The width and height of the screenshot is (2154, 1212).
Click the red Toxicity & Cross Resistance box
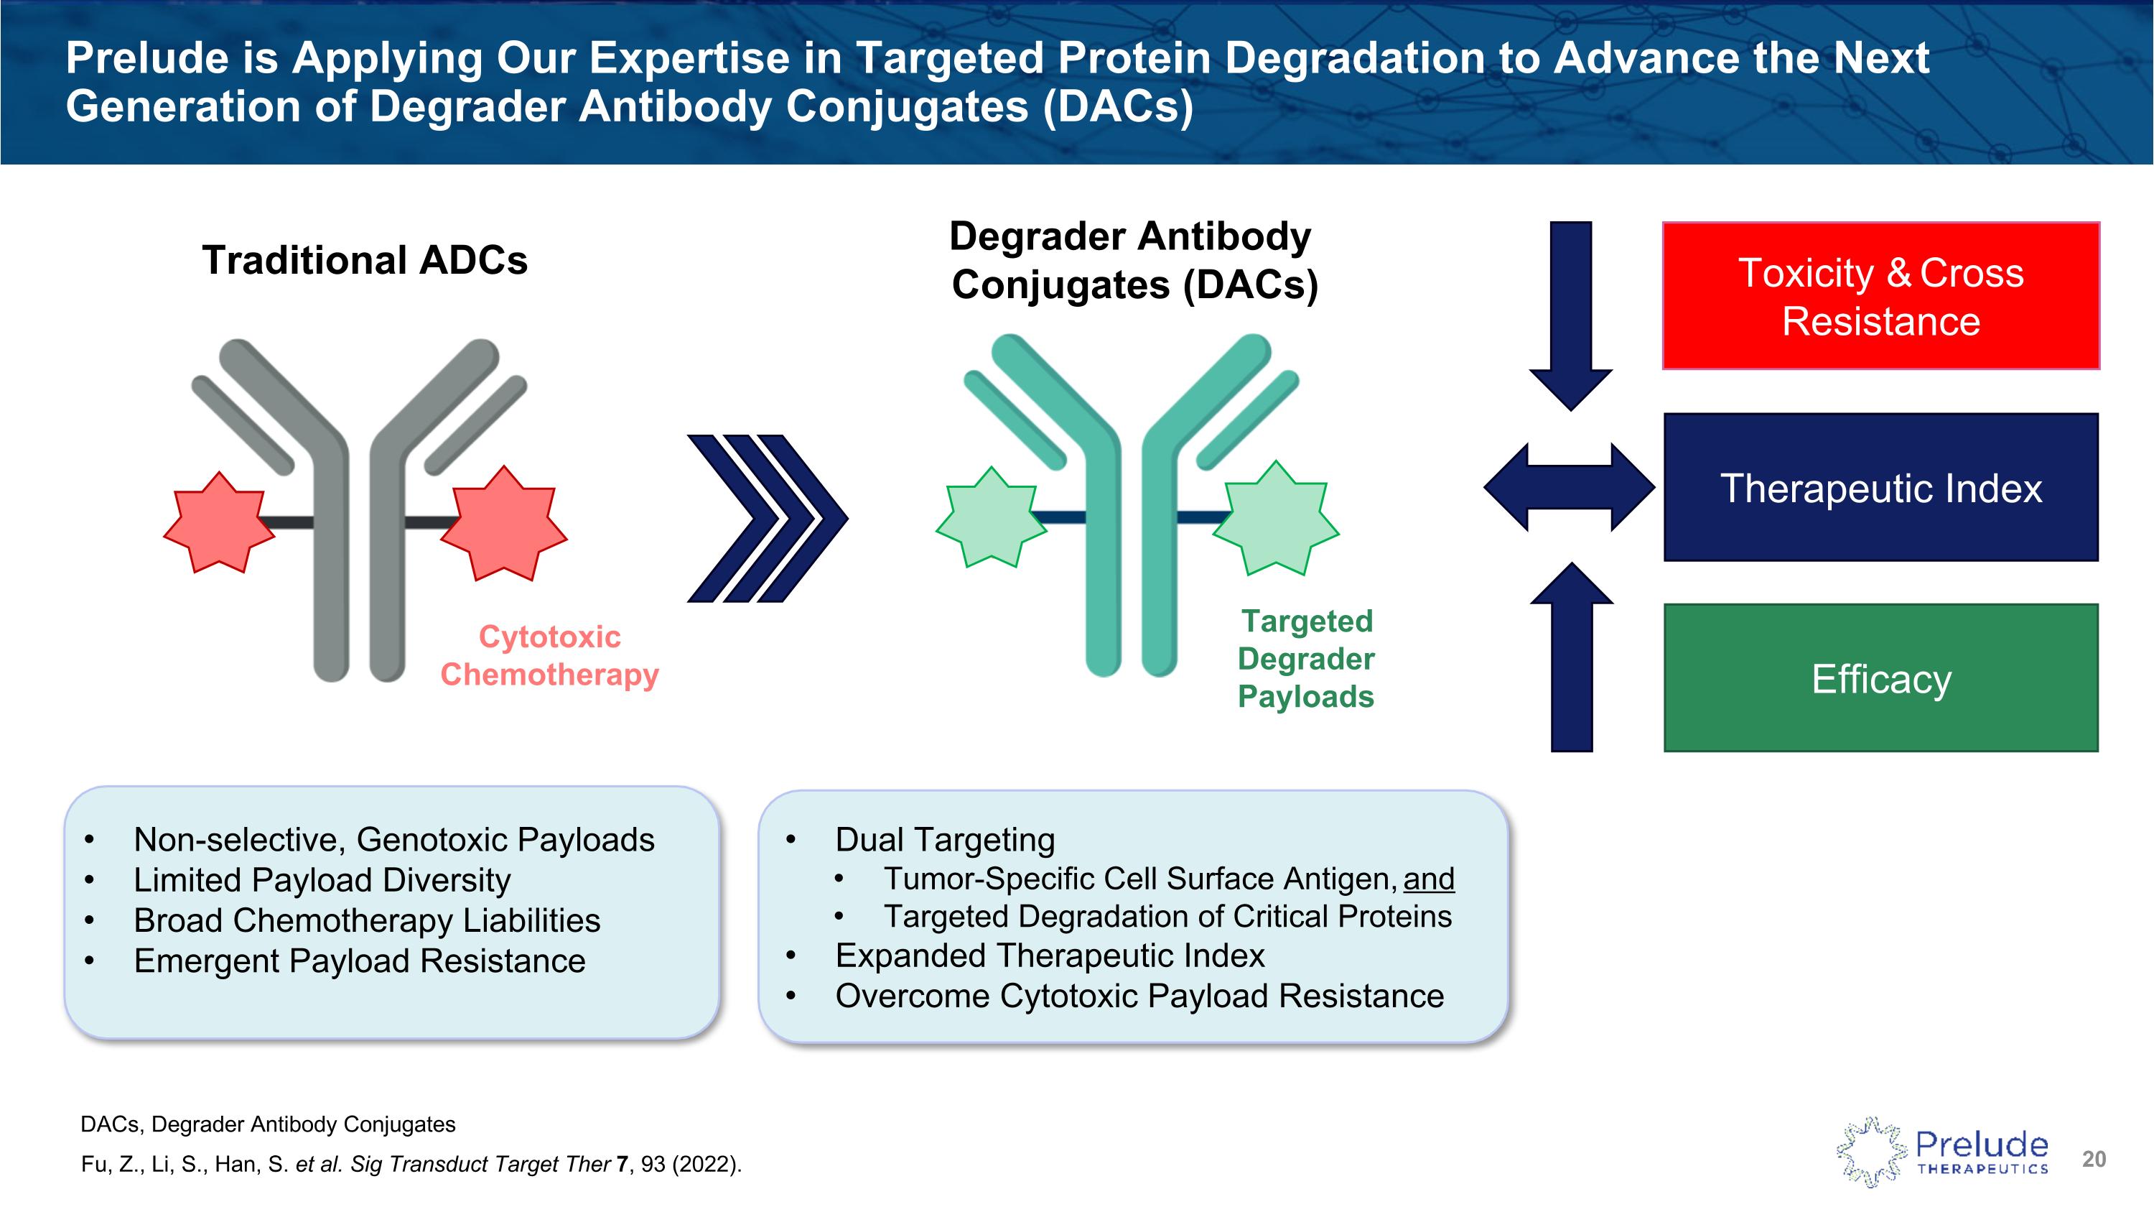pyautogui.click(x=1880, y=296)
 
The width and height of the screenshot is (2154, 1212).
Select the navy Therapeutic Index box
pyautogui.click(x=1880, y=487)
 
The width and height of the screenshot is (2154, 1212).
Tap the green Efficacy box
pyautogui.click(x=1880, y=677)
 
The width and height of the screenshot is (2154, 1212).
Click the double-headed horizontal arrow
pyautogui.click(x=1569, y=487)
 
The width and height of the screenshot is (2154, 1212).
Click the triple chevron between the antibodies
pyautogui.click(x=767, y=518)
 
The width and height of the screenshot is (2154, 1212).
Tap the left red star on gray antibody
pyautogui.click(x=219, y=524)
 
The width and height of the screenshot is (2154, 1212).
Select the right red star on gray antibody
pyautogui.click(x=504, y=524)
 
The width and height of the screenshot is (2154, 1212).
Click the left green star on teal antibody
pyautogui.click(x=991, y=518)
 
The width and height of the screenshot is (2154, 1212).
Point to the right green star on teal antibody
pyautogui.click(x=1276, y=518)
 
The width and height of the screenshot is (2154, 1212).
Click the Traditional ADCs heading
pyautogui.click(x=365, y=260)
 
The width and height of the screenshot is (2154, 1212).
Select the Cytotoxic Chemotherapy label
pyautogui.click(x=549, y=656)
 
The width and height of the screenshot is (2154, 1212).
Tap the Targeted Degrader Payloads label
pyautogui.click(x=1305, y=658)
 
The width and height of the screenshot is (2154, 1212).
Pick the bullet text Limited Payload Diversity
pyautogui.click(x=322, y=880)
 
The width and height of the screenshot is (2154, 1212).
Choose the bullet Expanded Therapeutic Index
pyautogui.click(x=1050, y=956)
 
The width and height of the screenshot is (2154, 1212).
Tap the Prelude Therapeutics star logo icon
pyautogui.click(x=1871, y=1152)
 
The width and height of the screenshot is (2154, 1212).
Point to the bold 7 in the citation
pyautogui.click(x=621, y=1165)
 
